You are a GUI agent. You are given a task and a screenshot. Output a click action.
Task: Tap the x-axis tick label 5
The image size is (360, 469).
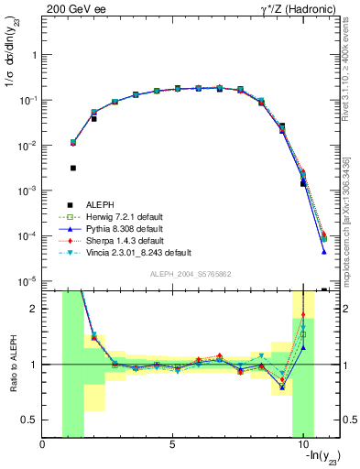[x=172, y=445]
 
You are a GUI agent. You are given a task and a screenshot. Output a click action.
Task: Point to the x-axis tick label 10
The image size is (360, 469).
[x=300, y=445]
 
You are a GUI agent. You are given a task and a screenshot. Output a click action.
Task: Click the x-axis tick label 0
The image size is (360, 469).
[x=42, y=445]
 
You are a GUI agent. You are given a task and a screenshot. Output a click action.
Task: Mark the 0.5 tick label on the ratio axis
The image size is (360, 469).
[x=29, y=420]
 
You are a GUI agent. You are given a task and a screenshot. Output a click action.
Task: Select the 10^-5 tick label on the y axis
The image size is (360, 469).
[x=27, y=281]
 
